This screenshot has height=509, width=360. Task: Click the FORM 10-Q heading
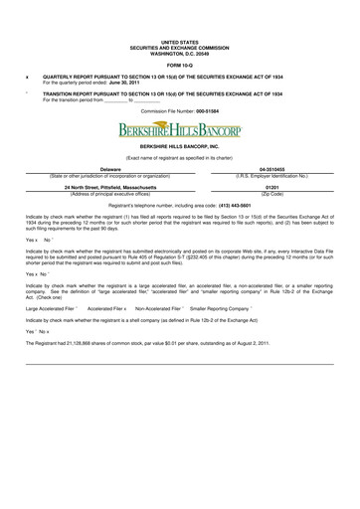[179, 66]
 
